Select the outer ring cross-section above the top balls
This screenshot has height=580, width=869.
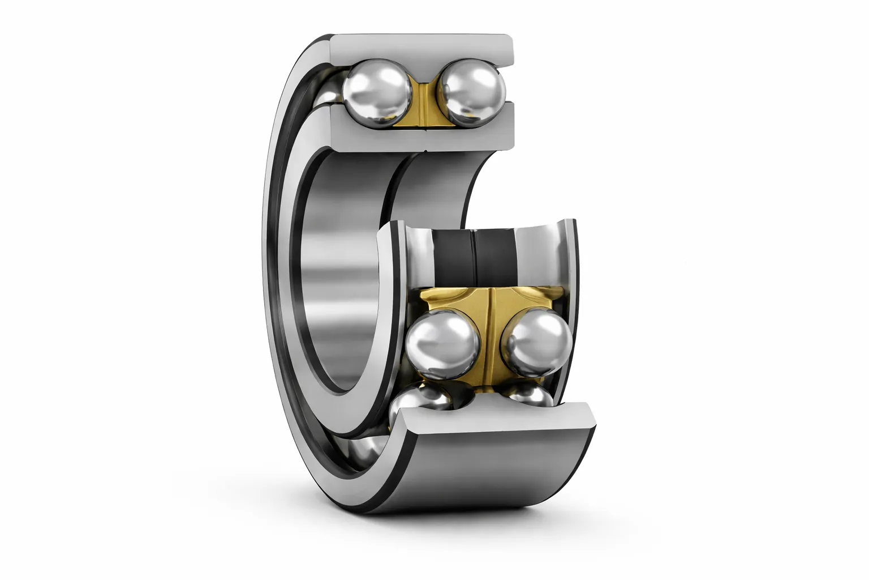pyautogui.click(x=421, y=48)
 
